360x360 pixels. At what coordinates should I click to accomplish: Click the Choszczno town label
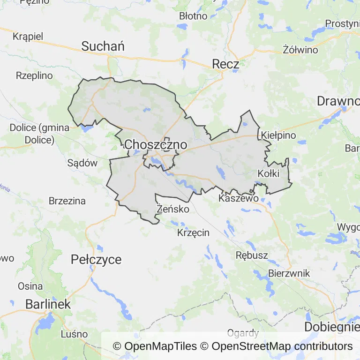tap(156, 145)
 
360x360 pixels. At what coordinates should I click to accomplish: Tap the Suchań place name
tap(103, 46)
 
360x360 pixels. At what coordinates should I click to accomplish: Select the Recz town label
tap(226, 64)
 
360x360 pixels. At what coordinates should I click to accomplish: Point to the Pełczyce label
tap(96, 259)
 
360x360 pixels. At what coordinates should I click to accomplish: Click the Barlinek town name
tap(48, 304)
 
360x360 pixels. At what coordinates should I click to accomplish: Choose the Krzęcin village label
tap(194, 232)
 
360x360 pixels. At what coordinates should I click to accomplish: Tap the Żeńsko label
tap(173, 209)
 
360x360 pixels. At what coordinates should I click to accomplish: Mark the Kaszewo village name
tap(239, 199)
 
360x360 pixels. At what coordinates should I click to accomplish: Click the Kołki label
tap(269, 174)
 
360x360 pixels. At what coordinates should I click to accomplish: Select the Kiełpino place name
tap(279, 135)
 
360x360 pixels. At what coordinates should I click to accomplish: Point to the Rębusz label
tap(252, 255)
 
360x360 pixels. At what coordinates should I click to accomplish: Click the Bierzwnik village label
tap(289, 273)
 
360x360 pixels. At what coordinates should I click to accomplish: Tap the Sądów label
tap(82, 163)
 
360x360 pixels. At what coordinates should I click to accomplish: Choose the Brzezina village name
tap(67, 201)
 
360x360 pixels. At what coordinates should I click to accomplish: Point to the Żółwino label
tap(300, 50)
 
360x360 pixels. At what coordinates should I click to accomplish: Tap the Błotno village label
tap(193, 16)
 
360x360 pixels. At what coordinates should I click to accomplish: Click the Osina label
tap(30, 286)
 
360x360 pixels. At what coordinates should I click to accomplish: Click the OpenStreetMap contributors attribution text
tap(282, 346)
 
